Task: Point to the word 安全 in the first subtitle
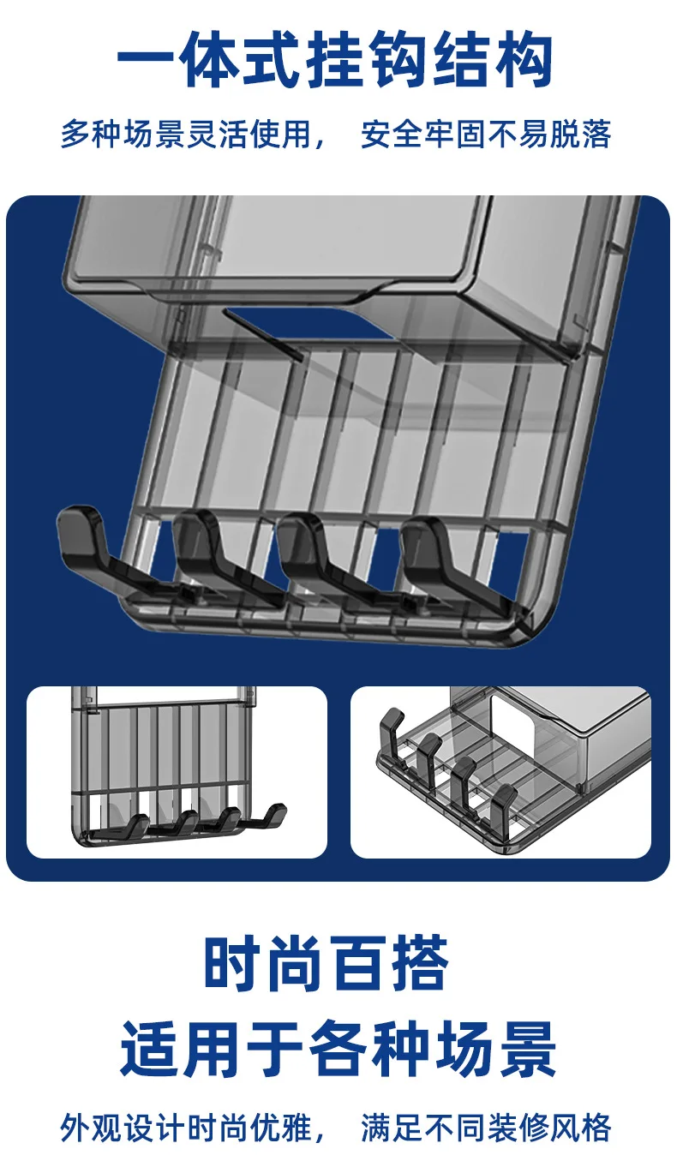point(392,134)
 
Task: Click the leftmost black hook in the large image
point(105,550)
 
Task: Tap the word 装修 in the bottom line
point(518,1128)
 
